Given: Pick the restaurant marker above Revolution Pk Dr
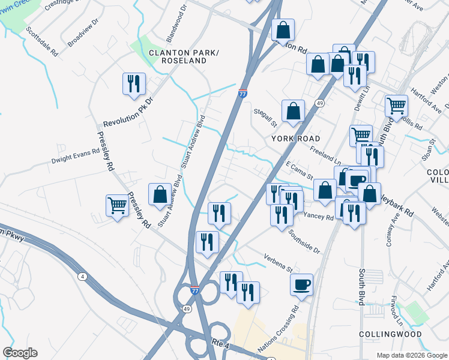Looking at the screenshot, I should pyautogui.click(x=134, y=83).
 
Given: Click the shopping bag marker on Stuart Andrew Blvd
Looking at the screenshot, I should pyautogui.click(x=160, y=194).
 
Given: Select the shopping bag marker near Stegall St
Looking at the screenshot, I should pyautogui.click(x=293, y=110).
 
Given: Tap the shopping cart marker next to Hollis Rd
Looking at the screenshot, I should pyautogui.click(x=397, y=106).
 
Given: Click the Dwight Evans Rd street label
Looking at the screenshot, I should pyautogui.click(x=75, y=156).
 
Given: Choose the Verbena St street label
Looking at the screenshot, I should pyautogui.click(x=277, y=262).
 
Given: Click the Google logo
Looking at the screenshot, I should pyautogui.click(x=20, y=353).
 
